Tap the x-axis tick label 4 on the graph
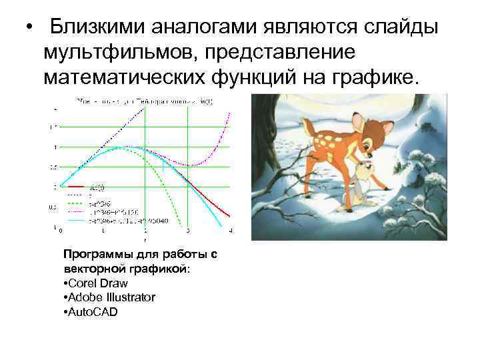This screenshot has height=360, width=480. point(231,231)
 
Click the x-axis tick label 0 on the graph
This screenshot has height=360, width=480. point(61,231)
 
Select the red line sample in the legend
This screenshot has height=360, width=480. point(76,187)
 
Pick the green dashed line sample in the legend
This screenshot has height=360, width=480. point(76,199)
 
